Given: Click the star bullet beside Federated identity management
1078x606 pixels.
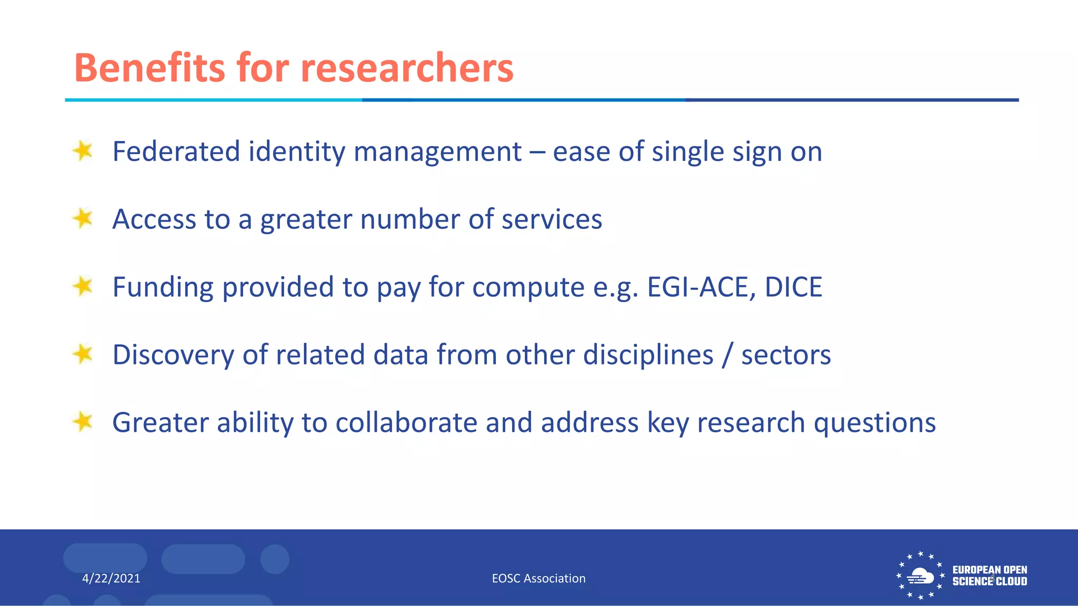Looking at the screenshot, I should [83, 151].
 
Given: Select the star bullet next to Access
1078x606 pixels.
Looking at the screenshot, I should [83, 218].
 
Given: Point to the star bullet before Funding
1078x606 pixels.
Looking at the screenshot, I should [83, 287].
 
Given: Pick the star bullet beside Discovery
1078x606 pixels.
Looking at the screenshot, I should [83, 354].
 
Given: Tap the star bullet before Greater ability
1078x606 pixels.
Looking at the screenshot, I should [83, 422].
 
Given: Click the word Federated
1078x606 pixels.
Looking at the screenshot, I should [176, 151].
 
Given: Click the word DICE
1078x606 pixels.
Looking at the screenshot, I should [793, 287].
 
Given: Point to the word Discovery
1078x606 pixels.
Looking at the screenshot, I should [173, 355].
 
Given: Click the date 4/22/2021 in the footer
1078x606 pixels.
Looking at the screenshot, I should [111, 579].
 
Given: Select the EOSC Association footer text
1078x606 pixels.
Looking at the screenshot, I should [538, 579].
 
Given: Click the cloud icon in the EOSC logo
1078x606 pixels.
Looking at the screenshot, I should [920, 576].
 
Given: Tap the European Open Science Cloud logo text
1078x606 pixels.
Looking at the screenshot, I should [990, 575].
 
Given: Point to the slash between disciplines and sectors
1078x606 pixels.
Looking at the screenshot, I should [727, 355].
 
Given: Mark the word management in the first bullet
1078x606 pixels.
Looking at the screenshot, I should [437, 153].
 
